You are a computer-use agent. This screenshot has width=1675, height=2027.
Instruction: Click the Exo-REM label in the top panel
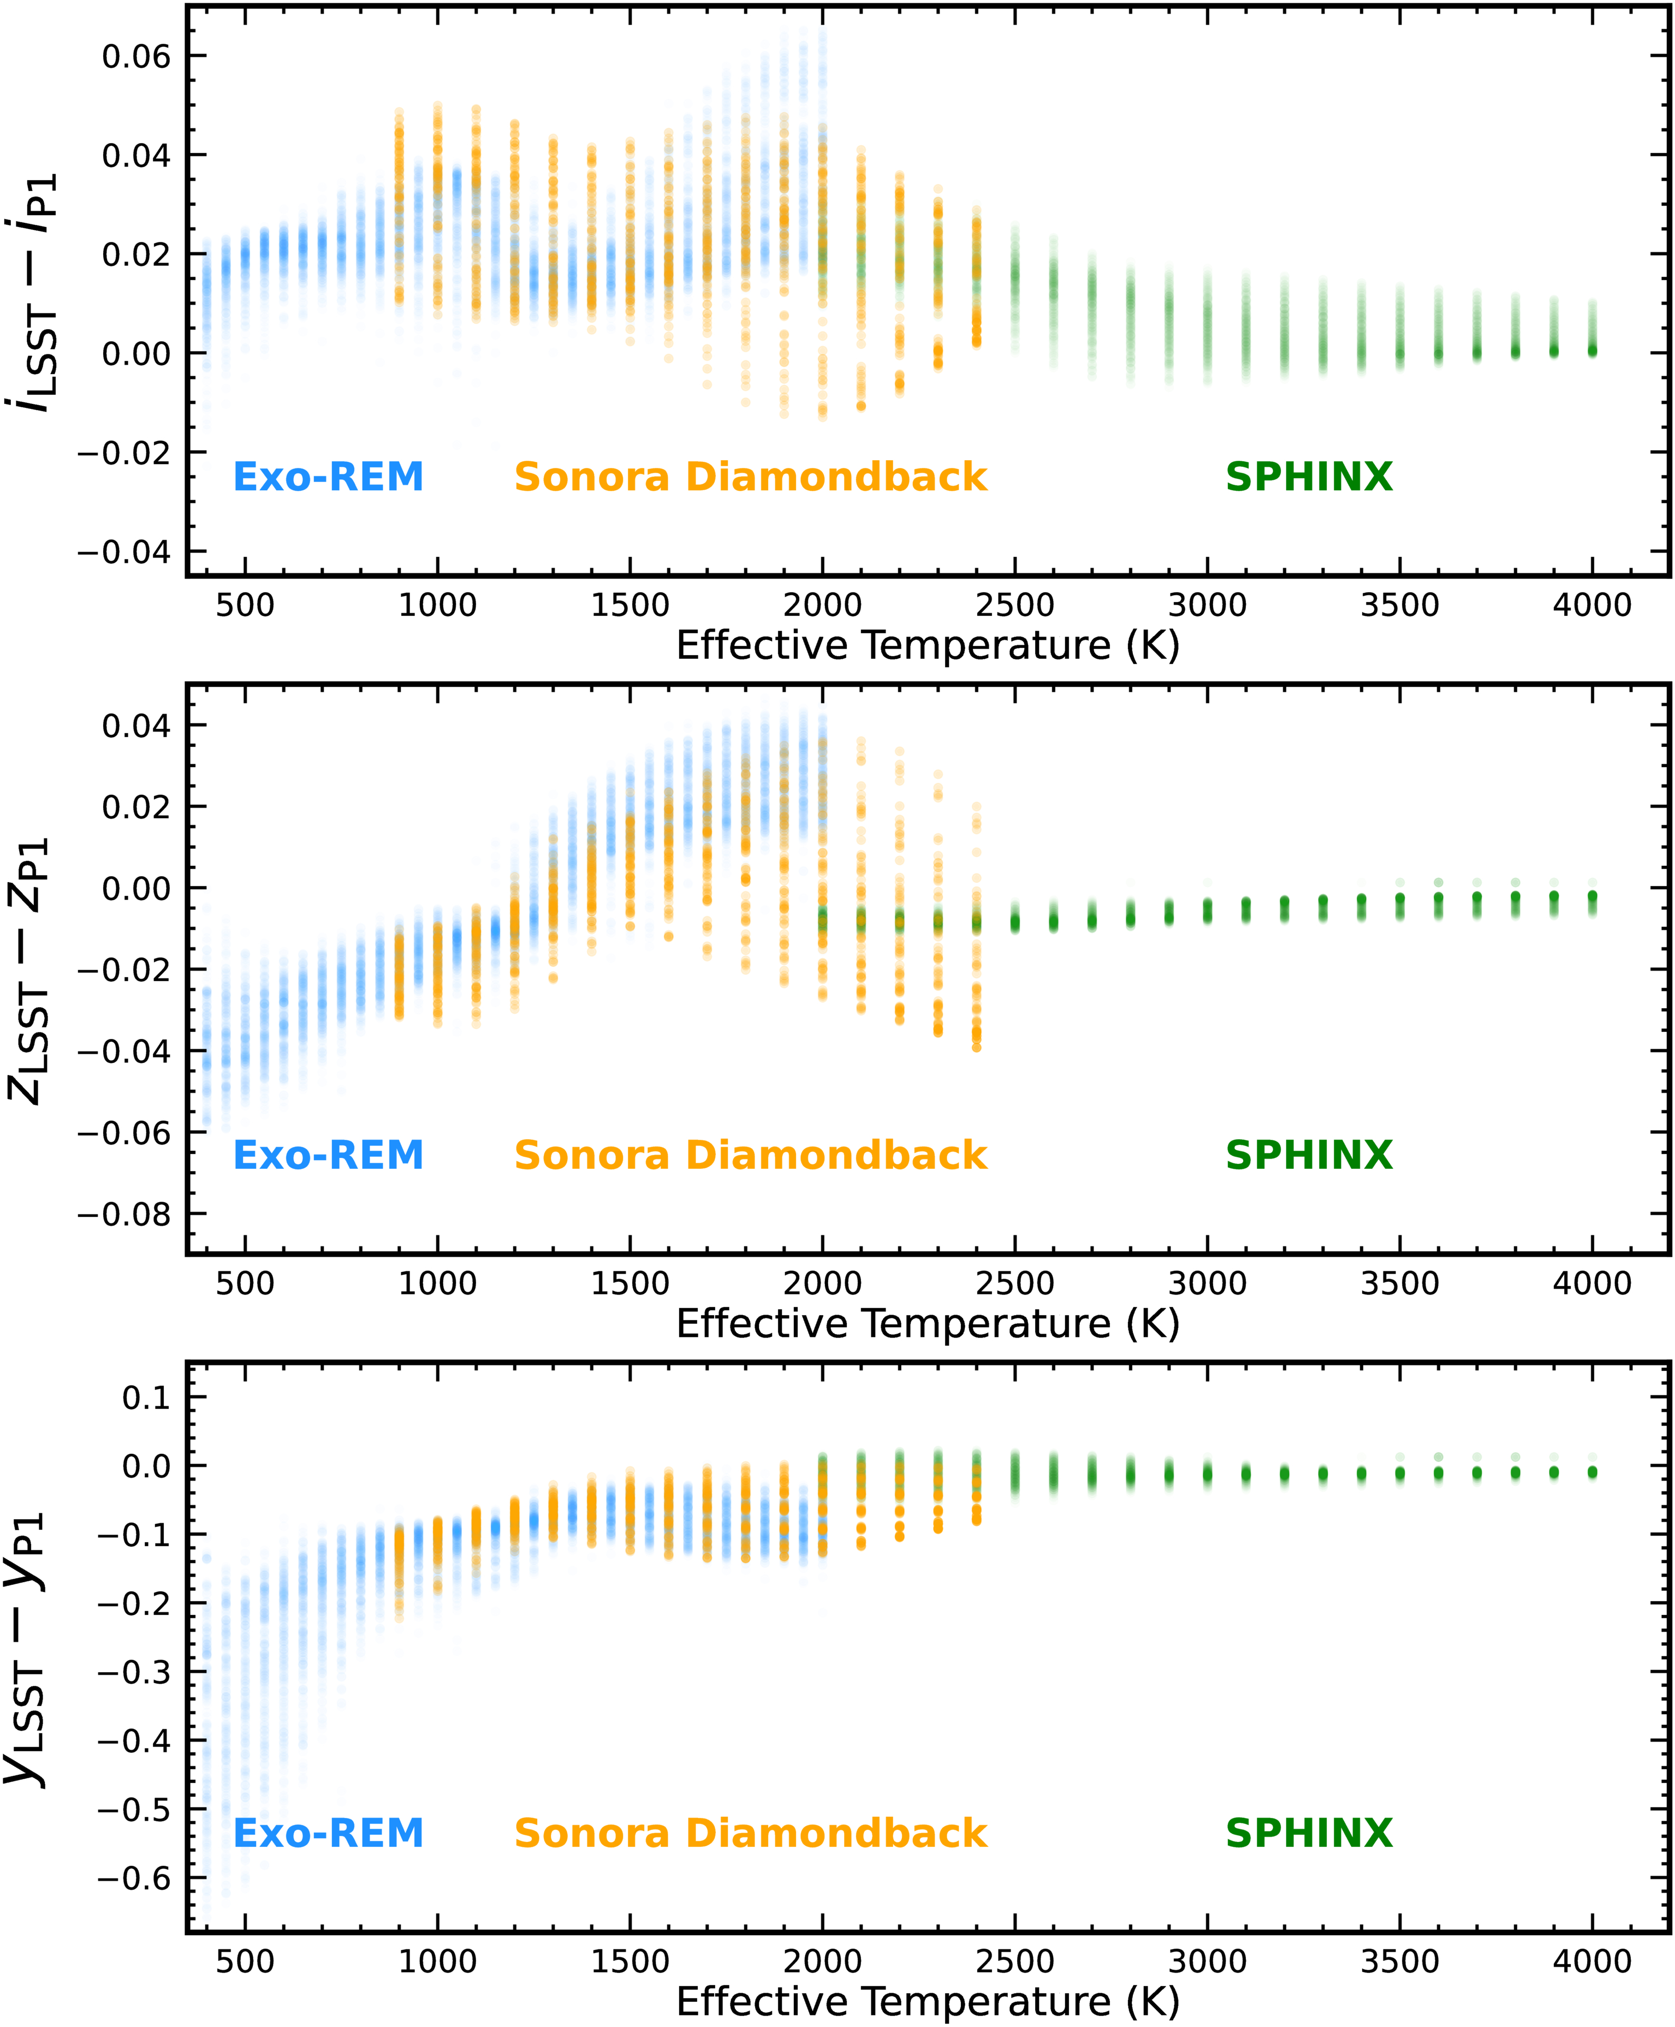pos(328,477)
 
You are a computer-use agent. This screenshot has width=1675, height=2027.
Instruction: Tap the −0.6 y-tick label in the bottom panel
pos(133,1879)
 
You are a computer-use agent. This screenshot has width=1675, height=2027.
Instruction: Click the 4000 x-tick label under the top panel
pos(1592,606)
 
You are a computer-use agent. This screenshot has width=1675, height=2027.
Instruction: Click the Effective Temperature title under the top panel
pos(927,645)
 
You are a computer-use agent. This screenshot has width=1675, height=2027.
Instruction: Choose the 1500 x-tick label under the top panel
pos(630,606)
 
